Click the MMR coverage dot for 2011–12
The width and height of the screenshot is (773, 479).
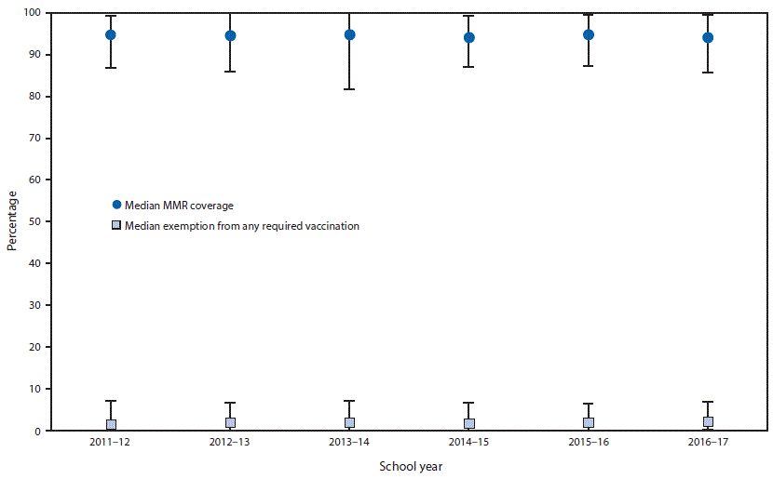pyautogui.click(x=111, y=34)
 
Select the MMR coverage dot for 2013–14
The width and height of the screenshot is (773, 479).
pyautogui.click(x=349, y=34)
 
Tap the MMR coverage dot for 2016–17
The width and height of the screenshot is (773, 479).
pyautogui.click(x=708, y=37)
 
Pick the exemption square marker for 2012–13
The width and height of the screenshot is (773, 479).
pyautogui.click(x=230, y=423)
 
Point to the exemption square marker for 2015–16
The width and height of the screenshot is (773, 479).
pyautogui.click(x=589, y=423)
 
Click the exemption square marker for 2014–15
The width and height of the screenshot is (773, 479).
pyautogui.click(x=469, y=424)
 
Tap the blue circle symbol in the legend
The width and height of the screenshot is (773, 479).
pyautogui.click(x=115, y=205)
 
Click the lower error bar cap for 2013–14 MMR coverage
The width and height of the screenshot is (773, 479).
pyautogui.click(x=349, y=89)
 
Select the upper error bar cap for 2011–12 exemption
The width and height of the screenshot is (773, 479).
pyautogui.click(x=111, y=401)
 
